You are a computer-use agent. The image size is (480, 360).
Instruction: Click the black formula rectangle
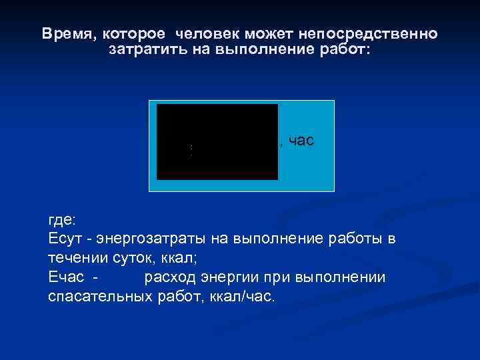[x=217, y=141]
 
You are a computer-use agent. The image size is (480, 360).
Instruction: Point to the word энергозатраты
[x=151, y=239]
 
